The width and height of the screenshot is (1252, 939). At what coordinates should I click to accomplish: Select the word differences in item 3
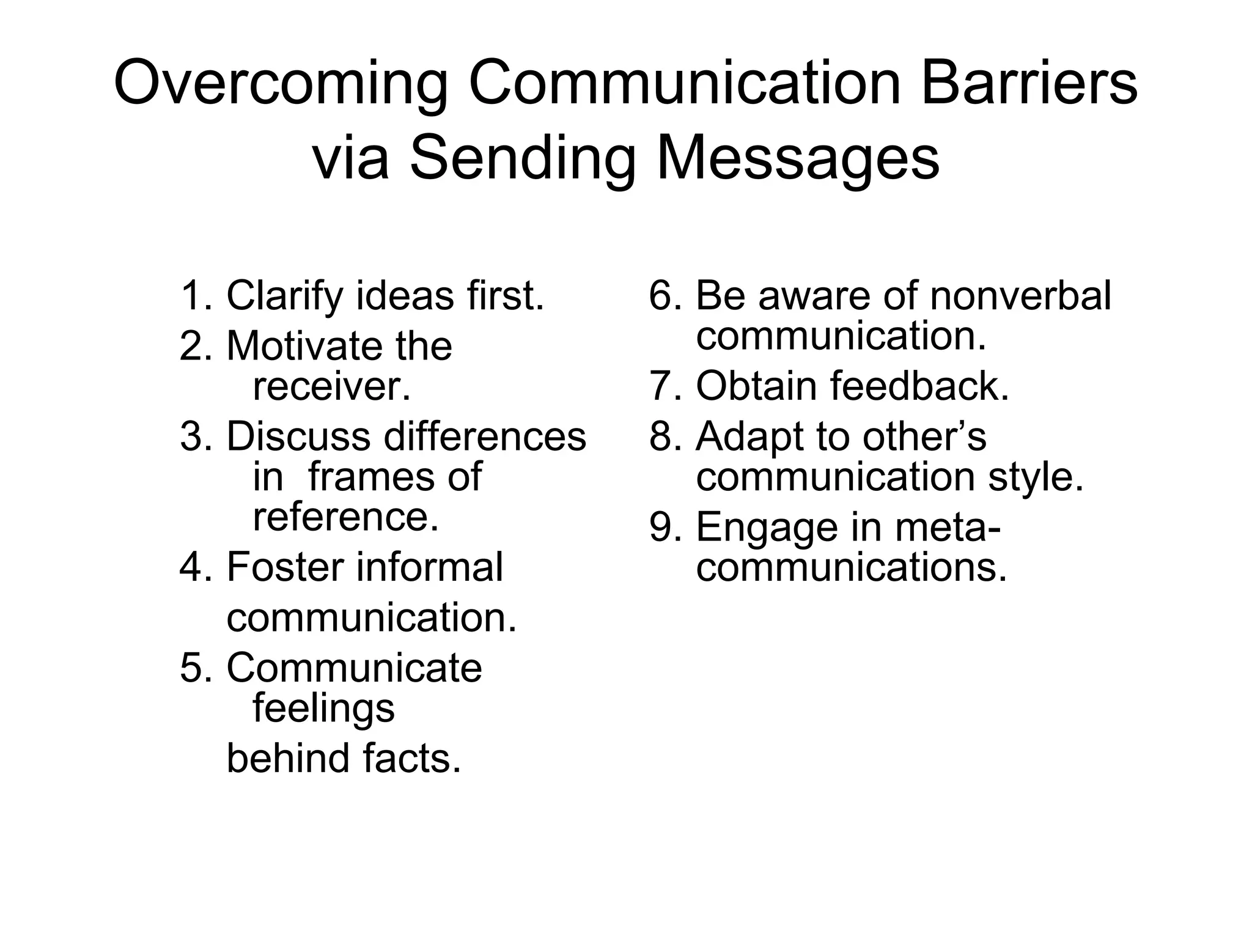[x=484, y=437]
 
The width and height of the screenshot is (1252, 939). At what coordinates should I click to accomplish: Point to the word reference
[x=346, y=517]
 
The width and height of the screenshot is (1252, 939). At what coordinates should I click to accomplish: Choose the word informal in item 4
[x=429, y=567]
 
